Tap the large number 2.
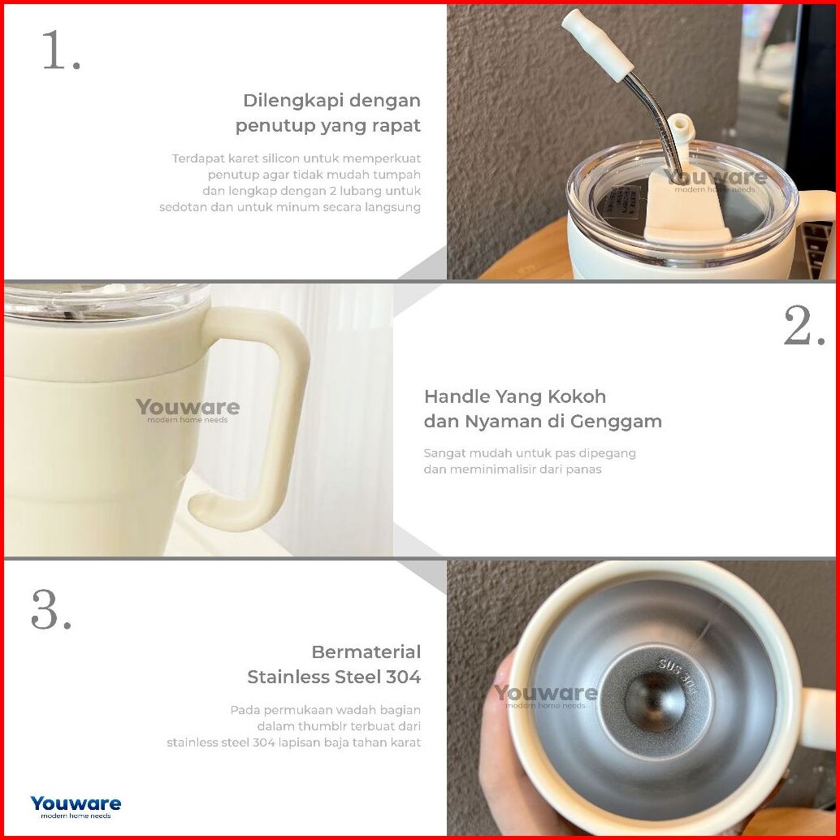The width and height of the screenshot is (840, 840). (x=804, y=326)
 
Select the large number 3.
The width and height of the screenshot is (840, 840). (x=51, y=609)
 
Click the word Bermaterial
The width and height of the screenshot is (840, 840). (x=366, y=652)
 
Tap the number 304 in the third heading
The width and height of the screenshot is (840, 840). (x=404, y=678)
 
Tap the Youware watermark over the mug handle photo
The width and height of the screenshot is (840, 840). (x=188, y=410)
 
